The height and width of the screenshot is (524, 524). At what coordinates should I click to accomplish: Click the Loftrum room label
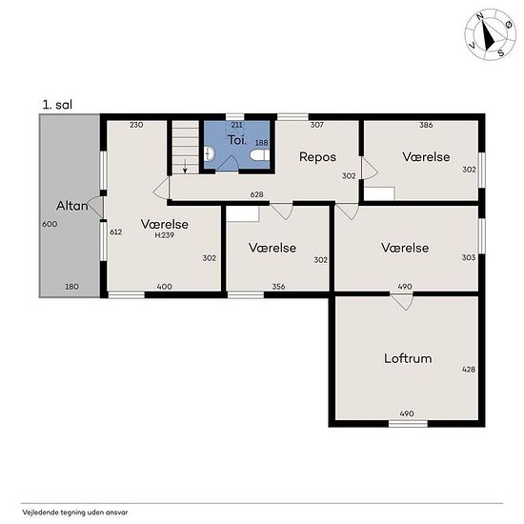pyautogui.click(x=408, y=358)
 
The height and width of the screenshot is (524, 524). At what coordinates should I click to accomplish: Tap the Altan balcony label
pyautogui.click(x=71, y=206)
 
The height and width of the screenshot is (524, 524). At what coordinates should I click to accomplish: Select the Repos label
pyautogui.click(x=317, y=157)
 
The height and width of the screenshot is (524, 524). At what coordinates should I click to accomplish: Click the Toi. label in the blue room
pyautogui.click(x=237, y=140)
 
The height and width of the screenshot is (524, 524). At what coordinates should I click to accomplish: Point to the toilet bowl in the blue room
pyautogui.click(x=260, y=154)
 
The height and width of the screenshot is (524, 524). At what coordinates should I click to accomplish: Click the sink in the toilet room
pyautogui.click(x=210, y=153)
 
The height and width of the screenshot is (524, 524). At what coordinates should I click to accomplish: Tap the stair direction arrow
pyautogui.click(x=185, y=166)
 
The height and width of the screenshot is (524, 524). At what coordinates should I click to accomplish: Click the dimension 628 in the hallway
pyautogui.click(x=256, y=194)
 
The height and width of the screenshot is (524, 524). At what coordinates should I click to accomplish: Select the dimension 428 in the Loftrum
pyautogui.click(x=469, y=370)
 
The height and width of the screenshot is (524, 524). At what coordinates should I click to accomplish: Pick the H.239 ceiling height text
pyautogui.click(x=165, y=235)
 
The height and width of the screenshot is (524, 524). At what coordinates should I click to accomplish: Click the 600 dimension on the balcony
pyautogui.click(x=50, y=224)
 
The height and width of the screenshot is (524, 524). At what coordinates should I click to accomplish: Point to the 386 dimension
pyautogui.click(x=426, y=125)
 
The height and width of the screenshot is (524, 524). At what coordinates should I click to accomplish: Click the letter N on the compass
pyautogui.click(x=480, y=17)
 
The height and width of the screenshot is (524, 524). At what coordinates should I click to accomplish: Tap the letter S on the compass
pyautogui.click(x=500, y=52)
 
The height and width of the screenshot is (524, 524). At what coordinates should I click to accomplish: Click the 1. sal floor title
pyautogui.click(x=57, y=105)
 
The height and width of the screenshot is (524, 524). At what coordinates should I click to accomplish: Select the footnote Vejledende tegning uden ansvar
pyautogui.click(x=75, y=512)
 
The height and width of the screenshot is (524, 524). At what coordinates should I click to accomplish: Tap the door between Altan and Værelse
pyautogui.click(x=95, y=208)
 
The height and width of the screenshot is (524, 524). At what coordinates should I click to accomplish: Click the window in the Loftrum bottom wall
pyautogui.click(x=408, y=424)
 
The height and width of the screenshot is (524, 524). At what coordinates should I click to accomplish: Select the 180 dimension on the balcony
pyautogui.click(x=71, y=287)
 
